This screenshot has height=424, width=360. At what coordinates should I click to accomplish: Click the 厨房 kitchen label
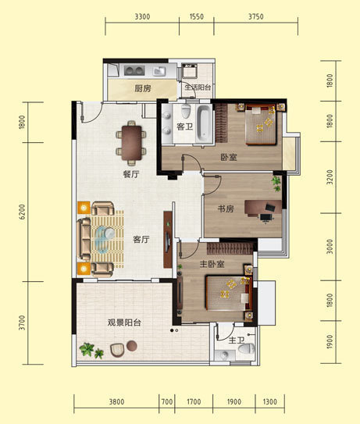click(142, 88)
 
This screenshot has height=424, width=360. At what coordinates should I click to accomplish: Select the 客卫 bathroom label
click(185, 126)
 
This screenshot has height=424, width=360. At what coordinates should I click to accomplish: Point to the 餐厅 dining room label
click(130, 174)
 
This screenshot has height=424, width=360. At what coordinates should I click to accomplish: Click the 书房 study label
click(226, 208)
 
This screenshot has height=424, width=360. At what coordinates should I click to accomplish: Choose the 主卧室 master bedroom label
click(210, 264)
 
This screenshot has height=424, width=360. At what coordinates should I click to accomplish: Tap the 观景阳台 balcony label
click(124, 322)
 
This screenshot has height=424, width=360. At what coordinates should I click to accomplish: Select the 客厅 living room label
click(141, 239)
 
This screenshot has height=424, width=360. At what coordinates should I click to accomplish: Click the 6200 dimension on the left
click(22, 211)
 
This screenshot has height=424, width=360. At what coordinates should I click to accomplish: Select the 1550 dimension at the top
click(196, 16)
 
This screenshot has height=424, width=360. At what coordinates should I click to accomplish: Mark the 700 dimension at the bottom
click(166, 403)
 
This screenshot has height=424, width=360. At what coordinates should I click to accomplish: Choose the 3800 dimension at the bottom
click(116, 403)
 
